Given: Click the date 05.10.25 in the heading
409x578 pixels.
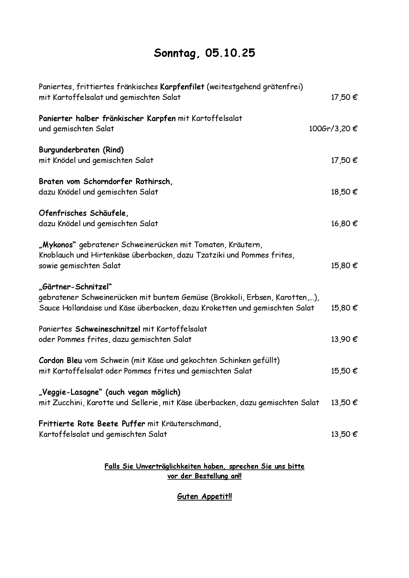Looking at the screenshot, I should [x=230, y=53].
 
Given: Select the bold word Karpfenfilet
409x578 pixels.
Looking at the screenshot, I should [x=182, y=87].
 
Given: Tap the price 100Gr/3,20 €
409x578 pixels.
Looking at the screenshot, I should [x=333, y=129].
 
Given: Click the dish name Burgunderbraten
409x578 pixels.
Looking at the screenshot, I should [x=70, y=150].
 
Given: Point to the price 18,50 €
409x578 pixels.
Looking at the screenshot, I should [x=344, y=192].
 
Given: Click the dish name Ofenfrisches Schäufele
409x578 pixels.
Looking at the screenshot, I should [x=83, y=213].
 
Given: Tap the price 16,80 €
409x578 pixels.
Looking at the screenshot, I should [x=344, y=223].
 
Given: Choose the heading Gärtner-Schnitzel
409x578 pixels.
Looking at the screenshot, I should [x=75, y=287].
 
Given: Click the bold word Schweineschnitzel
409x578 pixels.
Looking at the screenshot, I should [x=108, y=329].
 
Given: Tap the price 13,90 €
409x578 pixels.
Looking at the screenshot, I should [x=344, y=340].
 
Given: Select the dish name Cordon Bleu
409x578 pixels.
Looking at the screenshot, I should [x=60, y=360].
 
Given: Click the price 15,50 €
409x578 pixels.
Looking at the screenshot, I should [x=344, y=371].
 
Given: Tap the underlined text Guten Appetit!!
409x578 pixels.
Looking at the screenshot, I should [x=204, y=496].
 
